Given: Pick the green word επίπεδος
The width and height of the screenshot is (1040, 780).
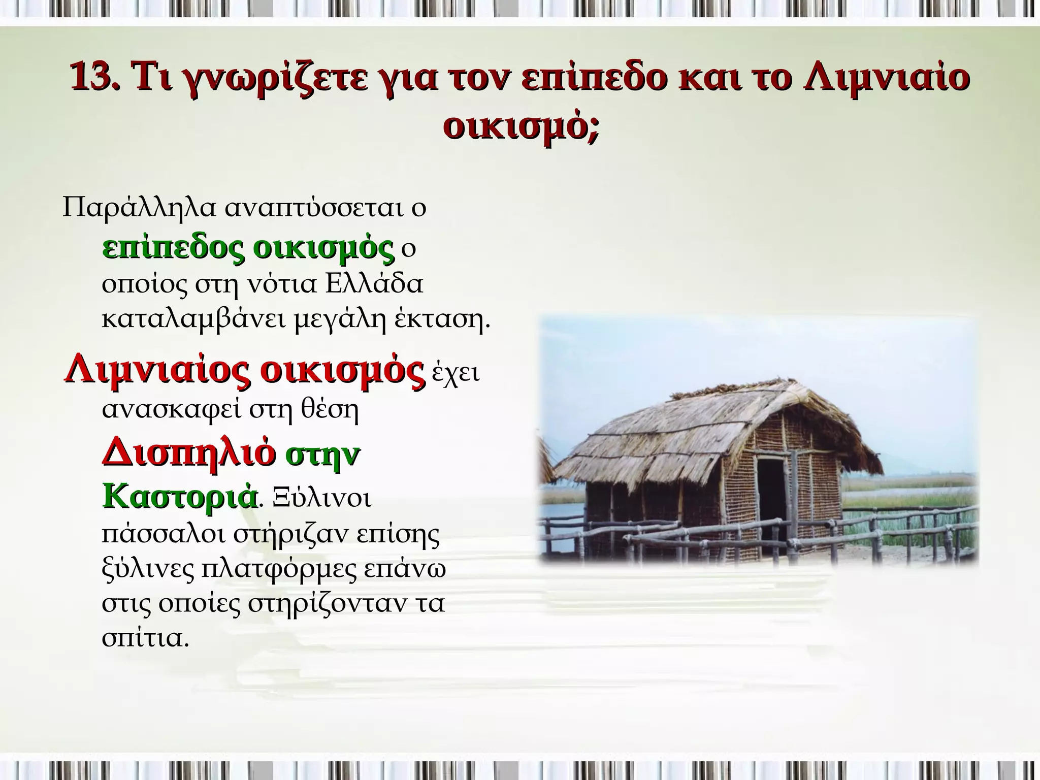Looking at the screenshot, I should [173, 249].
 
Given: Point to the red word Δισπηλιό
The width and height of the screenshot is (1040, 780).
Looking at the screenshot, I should [189, 453].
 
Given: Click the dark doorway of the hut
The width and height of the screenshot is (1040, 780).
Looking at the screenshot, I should [771, 500].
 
